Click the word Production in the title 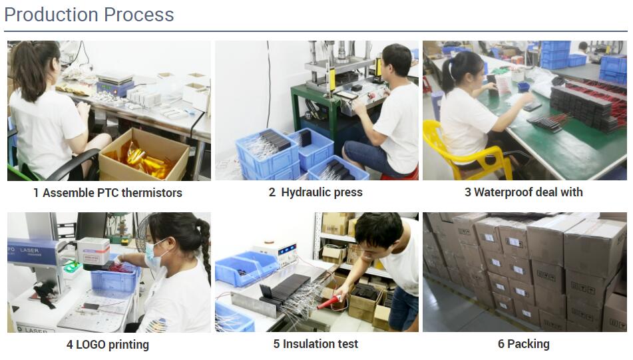(x=51, y=15)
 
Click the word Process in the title (x=139, y=15)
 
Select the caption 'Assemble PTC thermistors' (x=112, y=193)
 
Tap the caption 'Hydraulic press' (x=321, y=192)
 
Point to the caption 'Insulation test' (x=320, y=344)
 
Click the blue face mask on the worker (x=152, y=255)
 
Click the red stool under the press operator (x=399, y=176)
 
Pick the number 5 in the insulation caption (x=276, y=344)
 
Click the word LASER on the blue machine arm (x=29, y=250)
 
